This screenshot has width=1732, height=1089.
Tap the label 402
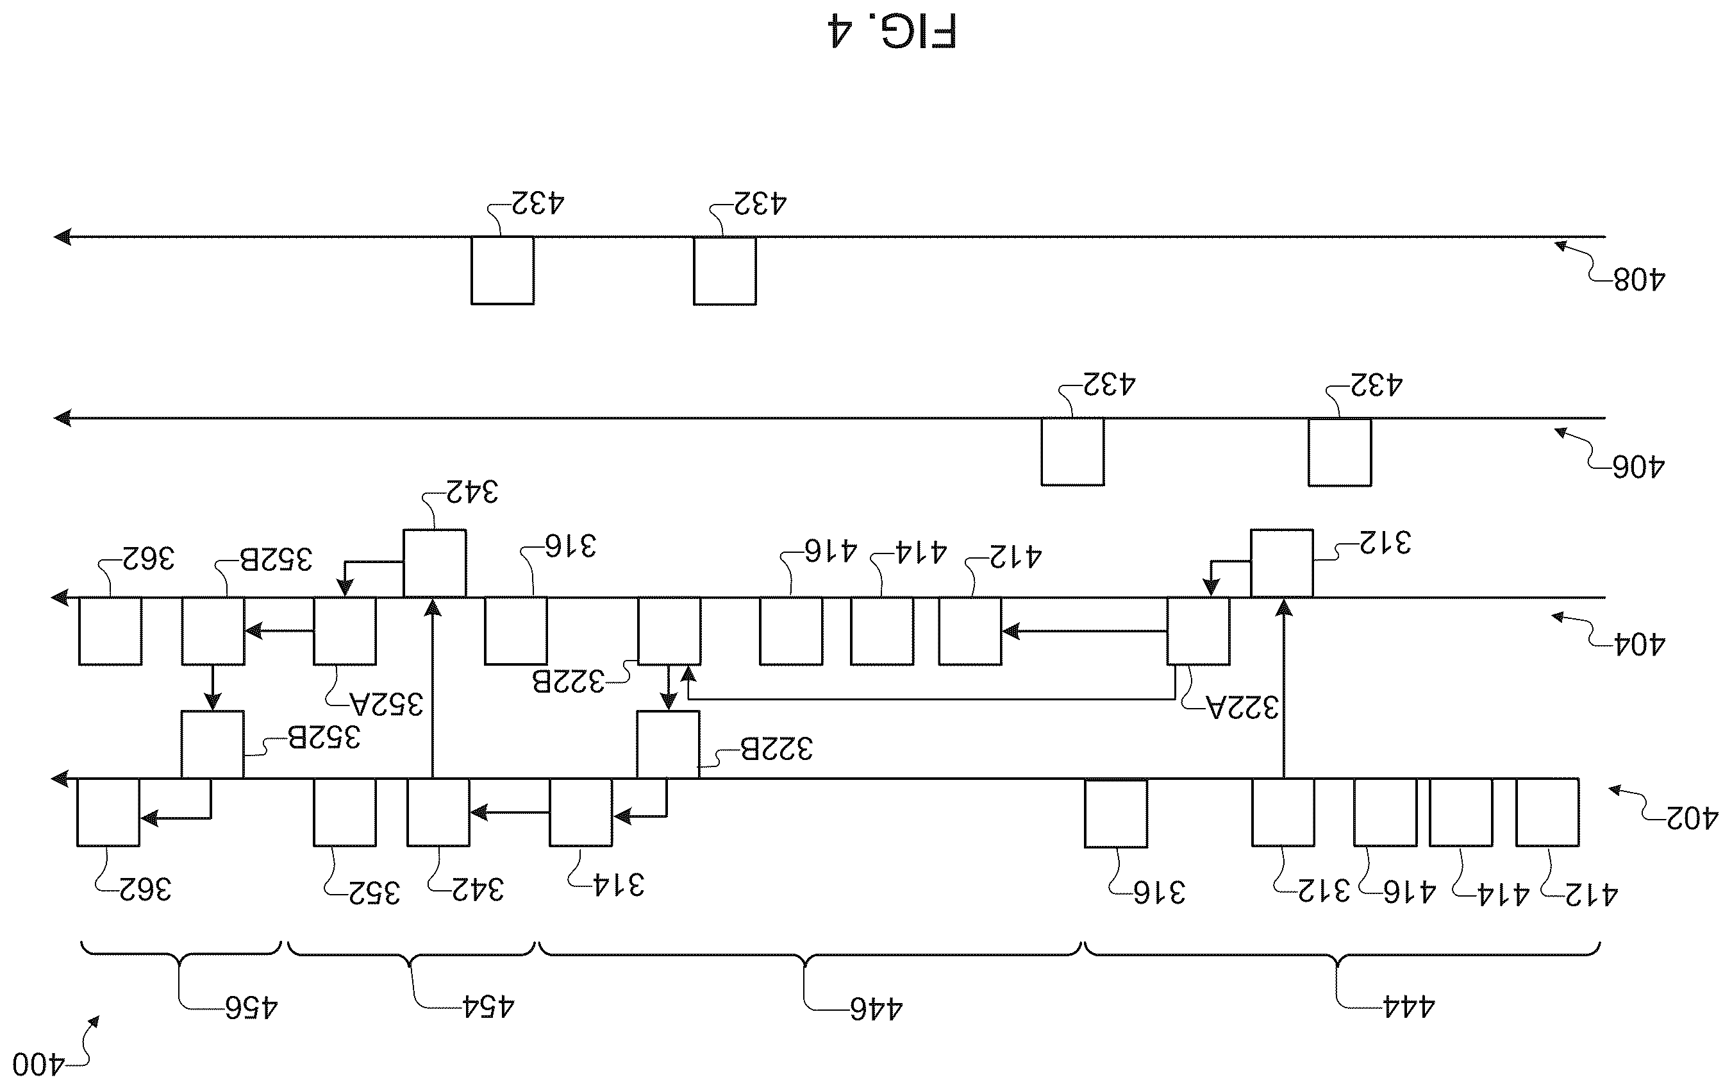pos(1692,818)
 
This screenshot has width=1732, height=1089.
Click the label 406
pos(1639,467)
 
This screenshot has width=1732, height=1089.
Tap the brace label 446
pos(876,1009)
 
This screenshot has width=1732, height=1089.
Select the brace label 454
pos(488,1006)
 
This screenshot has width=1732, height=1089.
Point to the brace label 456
pos(251,1008)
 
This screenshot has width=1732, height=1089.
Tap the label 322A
pos(1242,708)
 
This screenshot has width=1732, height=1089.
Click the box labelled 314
pos(581,812)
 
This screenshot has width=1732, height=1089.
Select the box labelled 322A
pos(1198,630)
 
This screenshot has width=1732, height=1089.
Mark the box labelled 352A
pos(344,630)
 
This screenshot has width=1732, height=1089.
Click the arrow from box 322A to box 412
pos(1084,631)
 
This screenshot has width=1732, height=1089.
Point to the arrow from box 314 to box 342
pos(509,813)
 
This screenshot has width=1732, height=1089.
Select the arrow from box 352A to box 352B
pos(279,631)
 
